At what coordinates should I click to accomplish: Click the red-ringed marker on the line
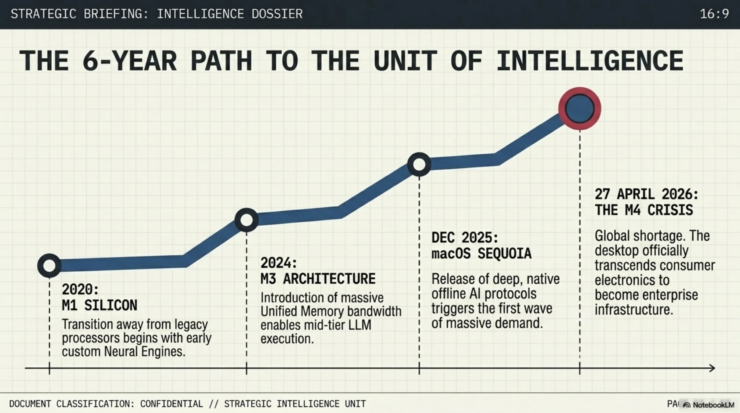[x=579, y=109]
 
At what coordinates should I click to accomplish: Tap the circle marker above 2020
[x=49, y=265]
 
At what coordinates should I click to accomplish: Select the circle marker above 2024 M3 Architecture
[x=246, y=220]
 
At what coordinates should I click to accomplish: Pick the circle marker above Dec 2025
[x=419, y=165]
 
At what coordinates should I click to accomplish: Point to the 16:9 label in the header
[x=714, y=14]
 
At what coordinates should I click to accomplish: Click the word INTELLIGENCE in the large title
[x=590, y=61]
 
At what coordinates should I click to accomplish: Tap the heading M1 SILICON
[x=99, y=305]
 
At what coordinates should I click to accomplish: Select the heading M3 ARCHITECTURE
[x=318, y=279]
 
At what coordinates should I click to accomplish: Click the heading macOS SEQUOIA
[x=482, y=253]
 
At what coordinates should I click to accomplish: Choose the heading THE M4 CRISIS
[x=644, y=210]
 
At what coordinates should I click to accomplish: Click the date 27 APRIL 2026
[x=646, y=194]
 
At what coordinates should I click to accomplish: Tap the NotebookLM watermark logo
[x=708, y=405]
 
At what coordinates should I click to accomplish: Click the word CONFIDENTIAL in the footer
[x=171, y=404]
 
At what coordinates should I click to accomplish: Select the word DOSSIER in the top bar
[x=277, y=14]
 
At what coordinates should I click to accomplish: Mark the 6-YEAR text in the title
[x=130, y=61]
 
